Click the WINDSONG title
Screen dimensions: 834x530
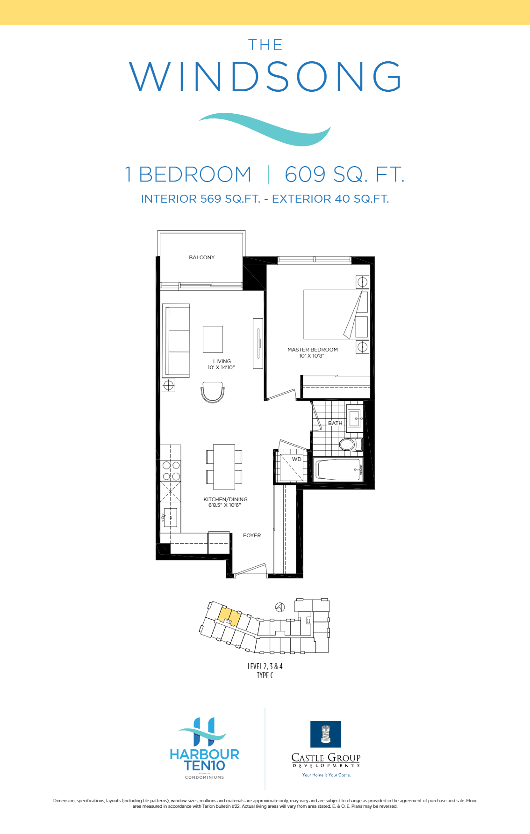point(265,76)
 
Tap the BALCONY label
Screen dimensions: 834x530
point(202,257)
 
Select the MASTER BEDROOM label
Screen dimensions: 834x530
point(312,350)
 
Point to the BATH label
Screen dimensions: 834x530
point(335,423)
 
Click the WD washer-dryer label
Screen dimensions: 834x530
point(297,459)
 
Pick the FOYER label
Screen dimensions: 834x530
point(252,535)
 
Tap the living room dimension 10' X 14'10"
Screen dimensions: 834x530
point(221,368)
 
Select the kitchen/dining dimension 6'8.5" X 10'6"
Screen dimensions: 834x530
point(225,505)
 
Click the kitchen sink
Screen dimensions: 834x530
point(170,518)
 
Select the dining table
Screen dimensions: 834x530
point(224,467)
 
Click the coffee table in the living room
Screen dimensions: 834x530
point(213,339)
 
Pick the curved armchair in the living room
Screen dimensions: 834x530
point(213,392)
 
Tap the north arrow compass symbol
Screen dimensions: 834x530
point(280,607)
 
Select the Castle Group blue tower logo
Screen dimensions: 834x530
point(326,734)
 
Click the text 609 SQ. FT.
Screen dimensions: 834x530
point(344,175)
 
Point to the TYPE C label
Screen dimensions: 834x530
point(265,675)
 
